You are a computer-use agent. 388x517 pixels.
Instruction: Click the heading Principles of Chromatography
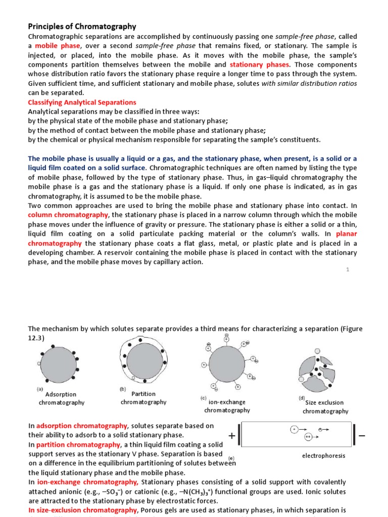click(82, 26)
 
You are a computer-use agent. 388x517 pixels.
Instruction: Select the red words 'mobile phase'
click(54, 45)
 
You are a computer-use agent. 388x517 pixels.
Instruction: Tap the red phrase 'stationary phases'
click(260, 65)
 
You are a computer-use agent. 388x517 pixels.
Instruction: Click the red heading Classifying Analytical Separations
click(82, 102)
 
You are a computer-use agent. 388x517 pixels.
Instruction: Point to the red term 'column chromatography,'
click(68, 215)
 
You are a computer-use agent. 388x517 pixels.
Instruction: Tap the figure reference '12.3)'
click(36, 338)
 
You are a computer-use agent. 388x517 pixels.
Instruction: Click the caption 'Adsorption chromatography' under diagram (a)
click(61, 398)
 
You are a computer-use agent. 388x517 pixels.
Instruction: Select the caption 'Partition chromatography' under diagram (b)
click(143, 398)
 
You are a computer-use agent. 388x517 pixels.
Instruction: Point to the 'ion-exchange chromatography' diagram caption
click(227, 406)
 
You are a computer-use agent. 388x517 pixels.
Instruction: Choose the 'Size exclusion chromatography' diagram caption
click(325, 407)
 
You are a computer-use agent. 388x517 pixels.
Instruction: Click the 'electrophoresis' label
click(323, 455)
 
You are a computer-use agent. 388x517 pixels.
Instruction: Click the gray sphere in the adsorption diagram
click(60, 366)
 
